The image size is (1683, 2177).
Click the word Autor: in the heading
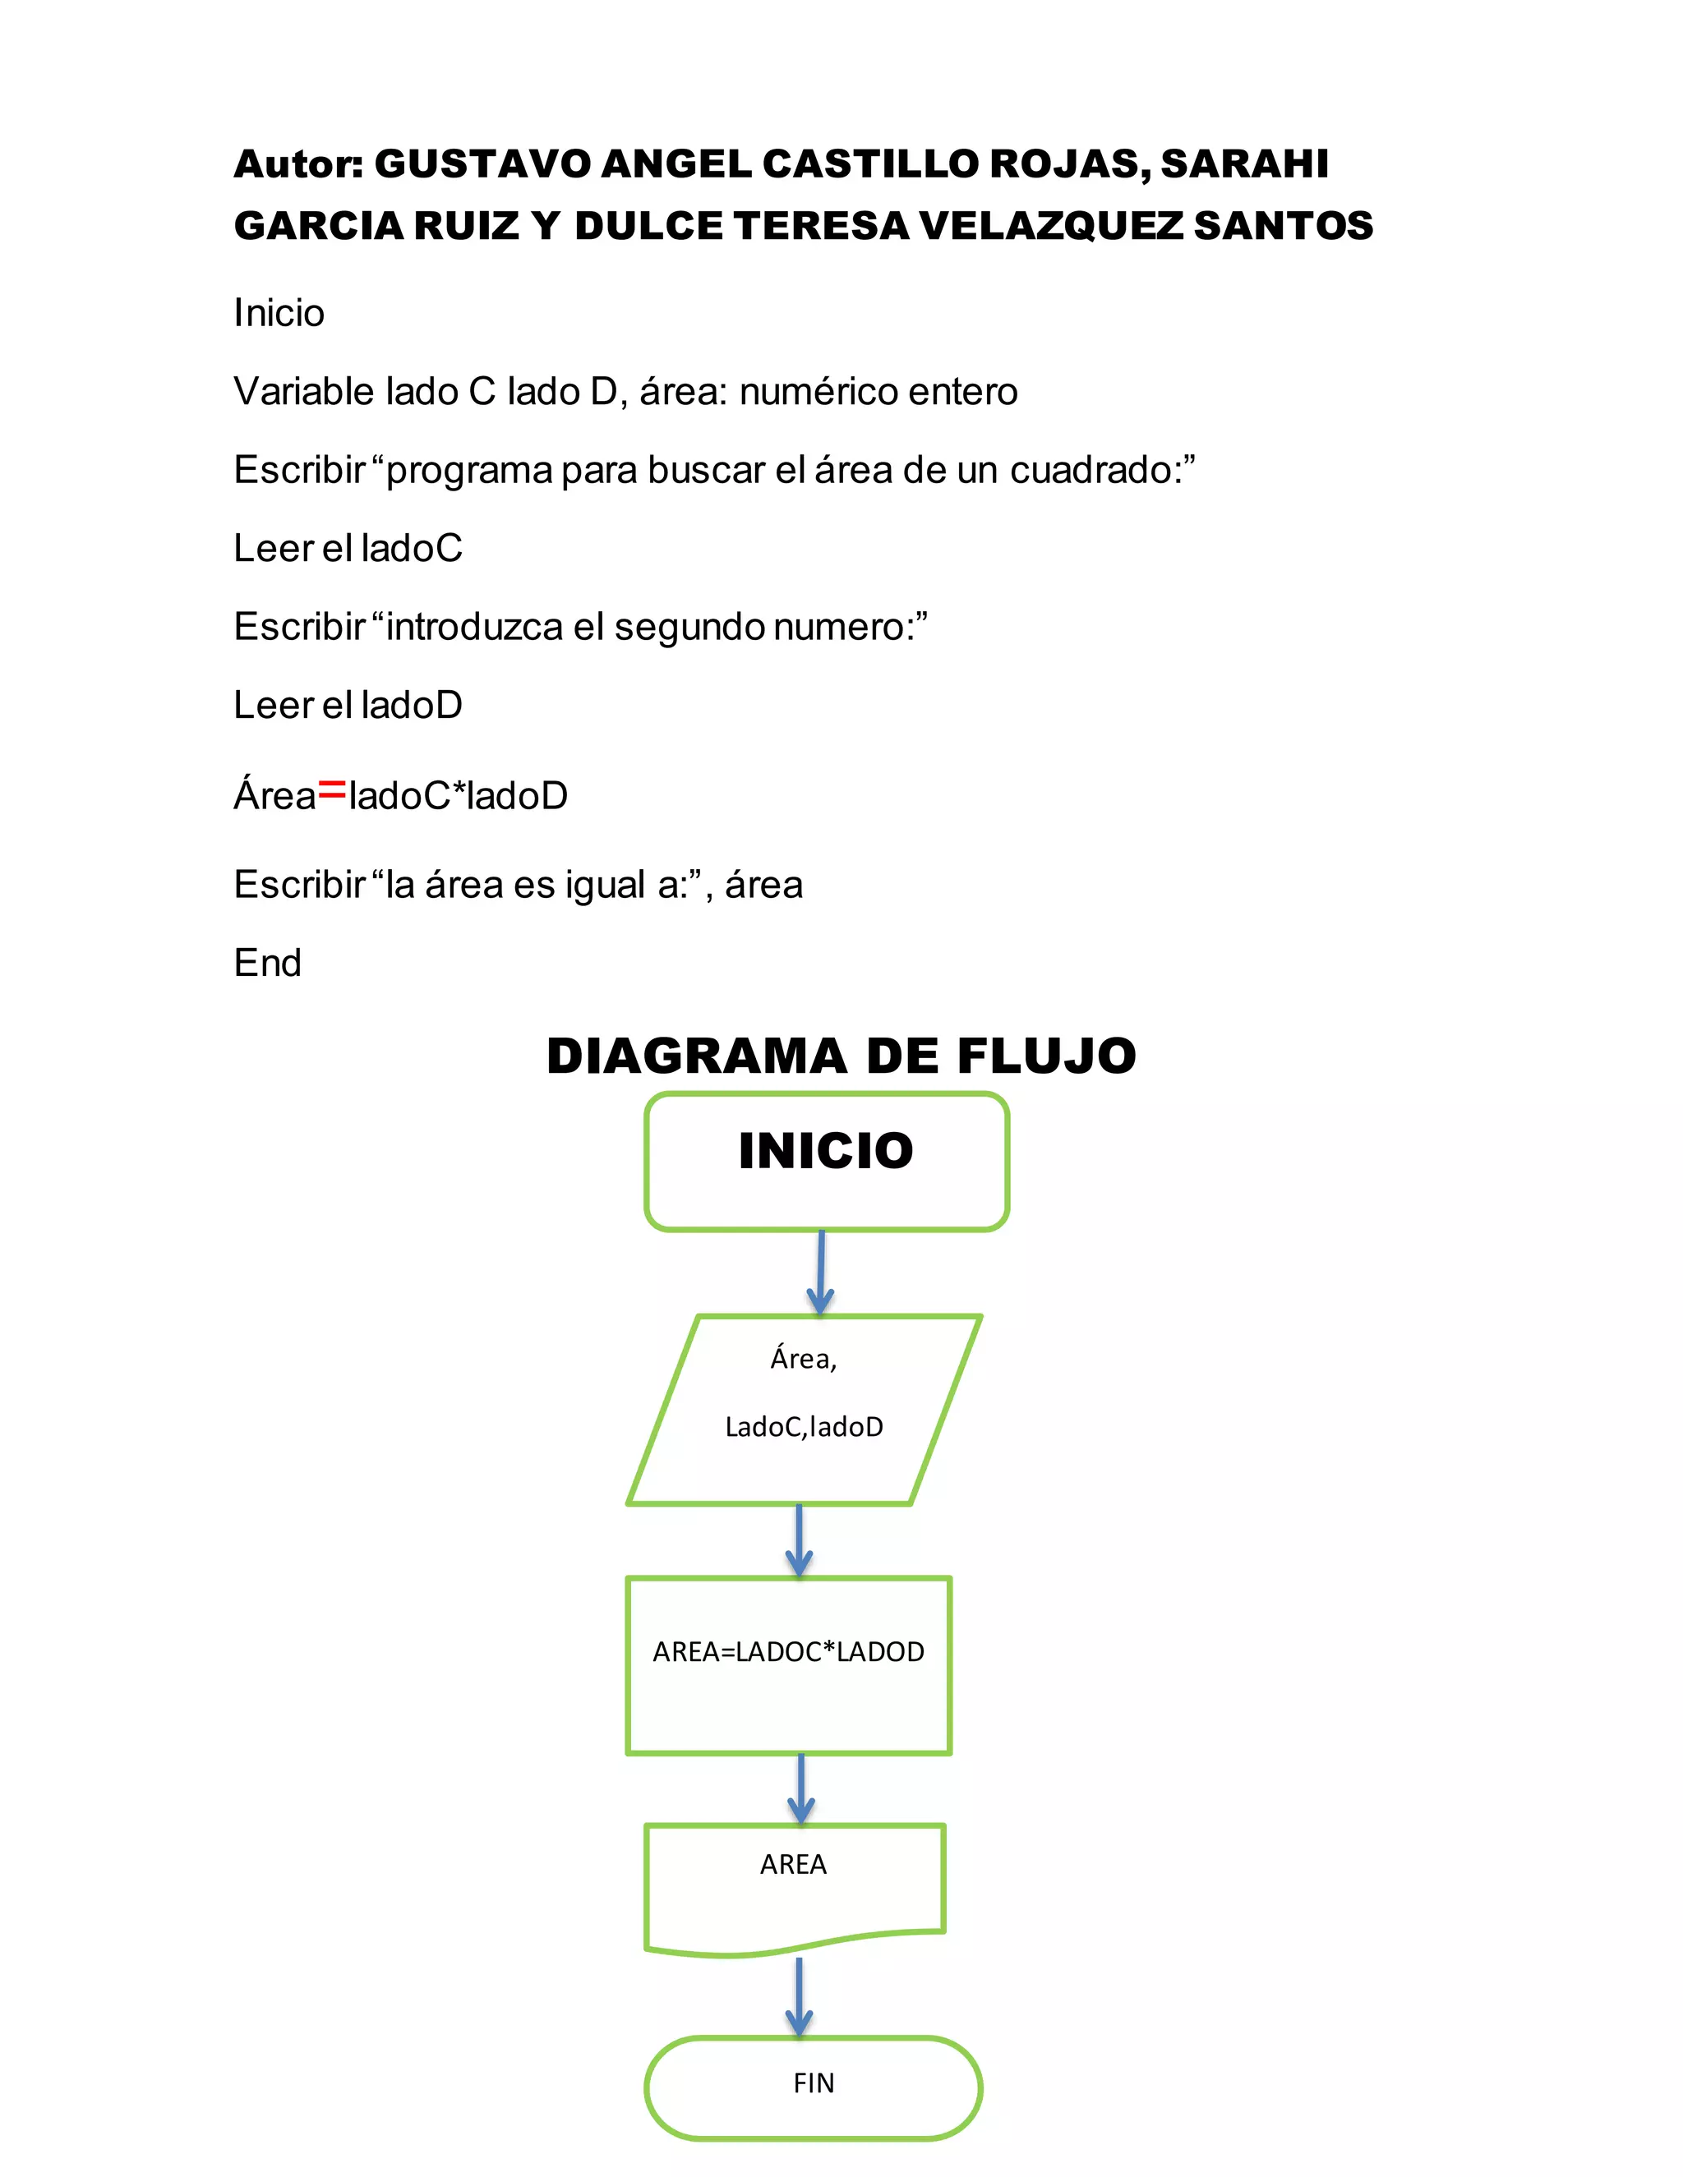pos(298,164)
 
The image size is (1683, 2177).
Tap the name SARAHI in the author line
pos(1243,164)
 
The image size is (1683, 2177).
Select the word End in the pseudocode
pos(267,963)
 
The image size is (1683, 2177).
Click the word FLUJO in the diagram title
pos(1046,1056)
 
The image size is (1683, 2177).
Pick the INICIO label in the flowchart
pos(826,1151)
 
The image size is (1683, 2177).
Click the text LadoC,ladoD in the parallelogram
pos(804,1428)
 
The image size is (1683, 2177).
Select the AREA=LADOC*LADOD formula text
pos(787,1653)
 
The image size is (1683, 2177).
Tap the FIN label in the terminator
pos(814,2083)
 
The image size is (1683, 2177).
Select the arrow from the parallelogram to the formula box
pos(799,1541)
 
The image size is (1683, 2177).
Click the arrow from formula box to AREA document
pos(800,1789)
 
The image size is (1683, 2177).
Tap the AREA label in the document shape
pos(793,1865)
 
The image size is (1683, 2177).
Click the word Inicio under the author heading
pos(279,313)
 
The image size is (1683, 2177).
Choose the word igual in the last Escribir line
pos(605,885)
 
